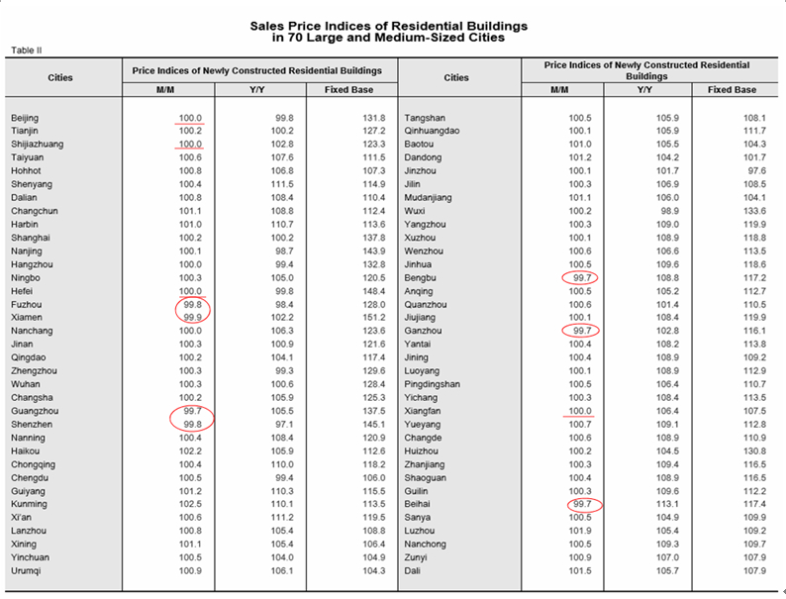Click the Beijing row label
click(25, 117)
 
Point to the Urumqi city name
click(26, 571)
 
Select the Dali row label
click(413, 571)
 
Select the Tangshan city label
click(424, 117)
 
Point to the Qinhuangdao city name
click(433, 131)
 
